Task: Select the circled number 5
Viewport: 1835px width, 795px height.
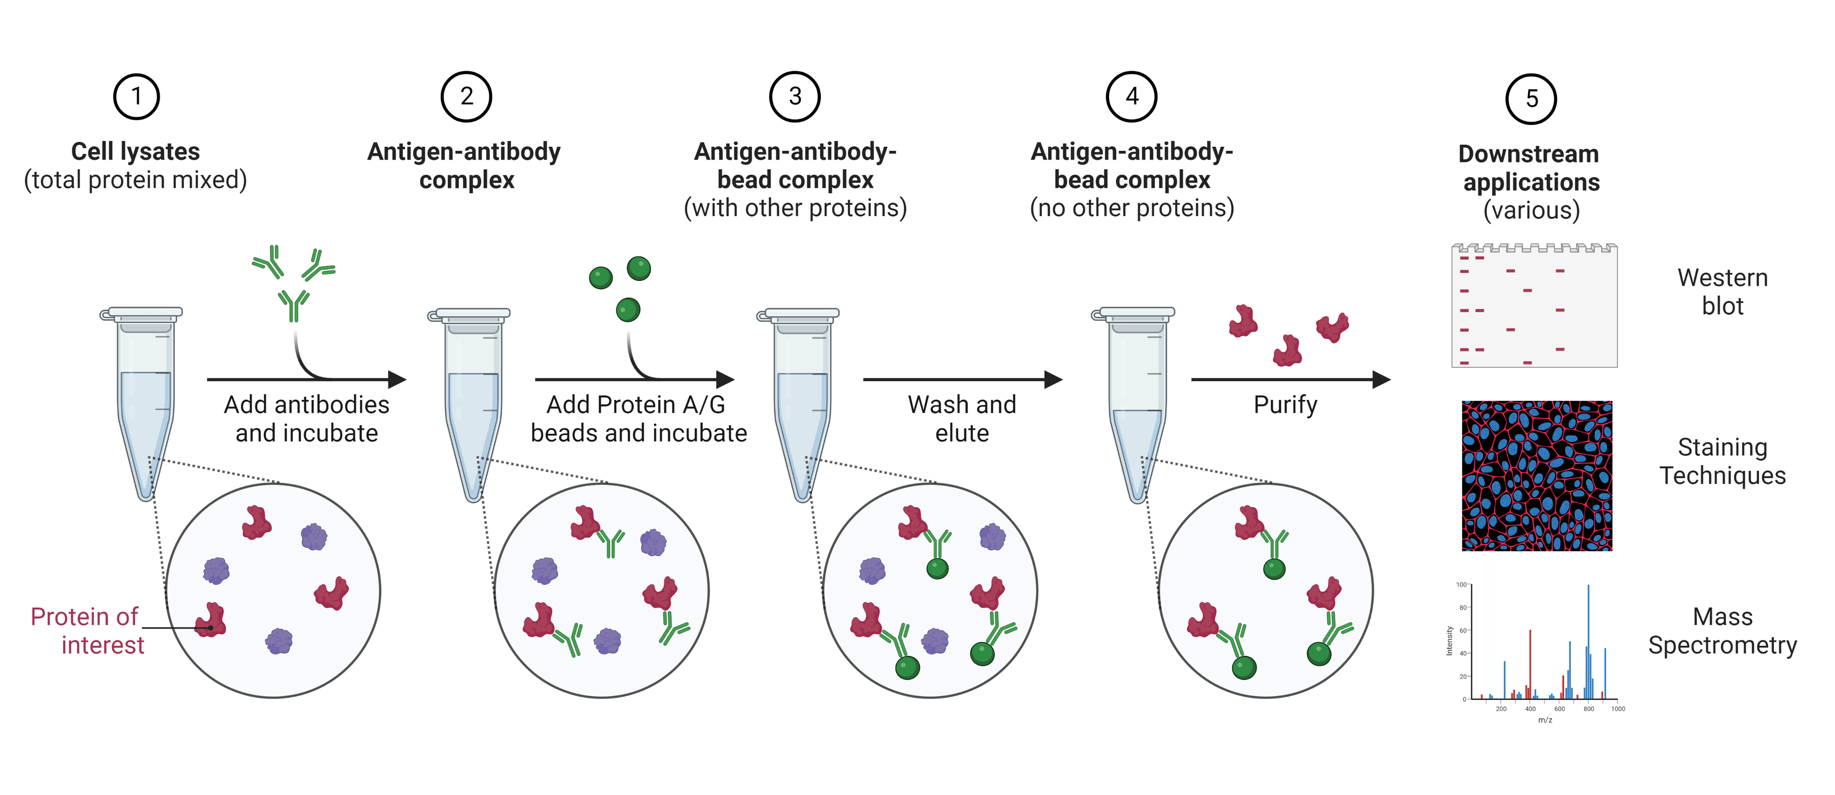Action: (1531, 99)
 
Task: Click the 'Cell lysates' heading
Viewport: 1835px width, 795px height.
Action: (135, 152)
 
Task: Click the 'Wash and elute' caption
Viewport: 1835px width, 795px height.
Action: (961, 419)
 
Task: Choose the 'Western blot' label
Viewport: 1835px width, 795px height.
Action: (1722, 291)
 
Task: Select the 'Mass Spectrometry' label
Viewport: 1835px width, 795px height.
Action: (1722, 631)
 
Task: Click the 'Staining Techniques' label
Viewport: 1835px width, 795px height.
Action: (1722, 461)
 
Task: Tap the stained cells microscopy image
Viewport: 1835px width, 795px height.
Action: (1536, 476)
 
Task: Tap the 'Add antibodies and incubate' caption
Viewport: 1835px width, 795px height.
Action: (306, 419)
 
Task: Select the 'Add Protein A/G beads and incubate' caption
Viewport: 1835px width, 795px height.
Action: (638, 419)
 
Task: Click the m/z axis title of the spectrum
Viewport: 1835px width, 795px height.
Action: (1544, 720)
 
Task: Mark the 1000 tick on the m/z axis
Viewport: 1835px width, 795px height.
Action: (1618, 709)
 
